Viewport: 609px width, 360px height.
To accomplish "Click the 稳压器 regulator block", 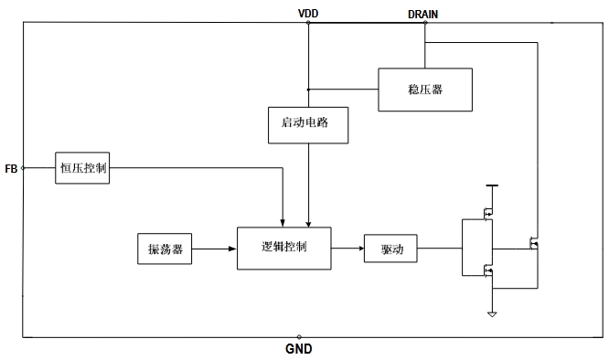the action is click(x=425, y=90).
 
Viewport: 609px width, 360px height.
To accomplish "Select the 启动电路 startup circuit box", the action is click(x=308, y=125).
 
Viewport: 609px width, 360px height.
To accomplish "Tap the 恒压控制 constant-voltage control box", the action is click(x=82, y=168).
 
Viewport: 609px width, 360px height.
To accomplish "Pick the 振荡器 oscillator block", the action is click(x=165, y=249).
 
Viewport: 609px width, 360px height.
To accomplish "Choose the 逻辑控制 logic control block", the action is click(x=283, y=249).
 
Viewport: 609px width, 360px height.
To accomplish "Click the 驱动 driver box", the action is click(x=390, y=249).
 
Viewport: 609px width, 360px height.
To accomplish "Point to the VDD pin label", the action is click(x=308, y=14).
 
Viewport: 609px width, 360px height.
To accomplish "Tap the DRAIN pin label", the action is click(x=423, y=15).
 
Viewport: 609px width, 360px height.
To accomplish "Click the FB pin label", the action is click(x=11, y=169).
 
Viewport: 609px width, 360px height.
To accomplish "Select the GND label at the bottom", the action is click(x=299, y=349).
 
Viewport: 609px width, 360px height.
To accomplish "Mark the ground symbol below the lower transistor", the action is click(x=492, y=314).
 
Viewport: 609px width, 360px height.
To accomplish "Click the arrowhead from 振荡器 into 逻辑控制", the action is click(x=232, y=249).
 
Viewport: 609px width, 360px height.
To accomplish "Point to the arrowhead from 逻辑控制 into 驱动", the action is click(x=361, y=249).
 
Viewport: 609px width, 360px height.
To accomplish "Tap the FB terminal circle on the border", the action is click(x=23, y=168).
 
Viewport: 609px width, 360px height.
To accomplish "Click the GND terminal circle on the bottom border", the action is click(x=299, y=337).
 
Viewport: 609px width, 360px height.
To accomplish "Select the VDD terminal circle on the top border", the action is click(x=308, y=23).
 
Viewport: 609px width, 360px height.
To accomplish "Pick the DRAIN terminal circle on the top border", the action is click(x=425, y=23).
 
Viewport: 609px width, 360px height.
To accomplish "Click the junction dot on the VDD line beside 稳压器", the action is click(x=308, y=90).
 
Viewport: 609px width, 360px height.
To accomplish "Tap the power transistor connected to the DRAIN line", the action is click(x=534, y=243).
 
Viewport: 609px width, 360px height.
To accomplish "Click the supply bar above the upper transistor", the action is click(x=492, y=185).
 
